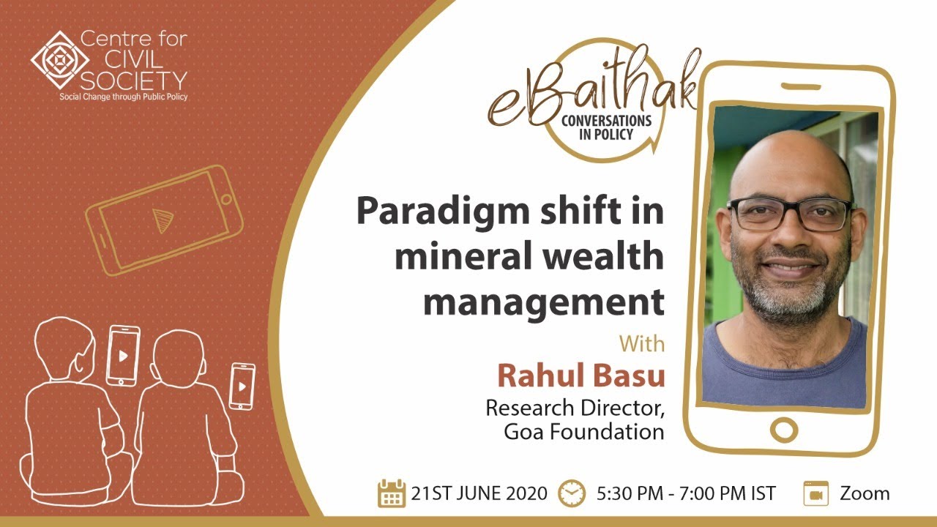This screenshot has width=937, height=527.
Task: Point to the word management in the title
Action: [x=543, y=302]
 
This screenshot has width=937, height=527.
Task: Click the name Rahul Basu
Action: [x=581, y=375]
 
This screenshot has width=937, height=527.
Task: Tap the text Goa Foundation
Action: [x=583, y=431]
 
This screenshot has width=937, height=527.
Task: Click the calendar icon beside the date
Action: [x=392, y=493]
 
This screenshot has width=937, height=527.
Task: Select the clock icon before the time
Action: [x=570, y=493]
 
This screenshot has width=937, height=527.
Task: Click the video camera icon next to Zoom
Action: [x=815, y=493]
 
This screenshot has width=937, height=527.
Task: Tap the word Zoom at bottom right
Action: [x=865, y=493]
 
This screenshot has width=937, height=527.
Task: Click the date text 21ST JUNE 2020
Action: [x=479, y=493]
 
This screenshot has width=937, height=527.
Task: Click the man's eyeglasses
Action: [x=789, y=214]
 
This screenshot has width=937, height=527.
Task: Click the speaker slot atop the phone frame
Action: [x=800, y=86]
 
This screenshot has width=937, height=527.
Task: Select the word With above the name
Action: [x=641, y=343]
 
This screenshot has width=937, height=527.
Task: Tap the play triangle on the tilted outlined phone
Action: [x=160, y=219]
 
